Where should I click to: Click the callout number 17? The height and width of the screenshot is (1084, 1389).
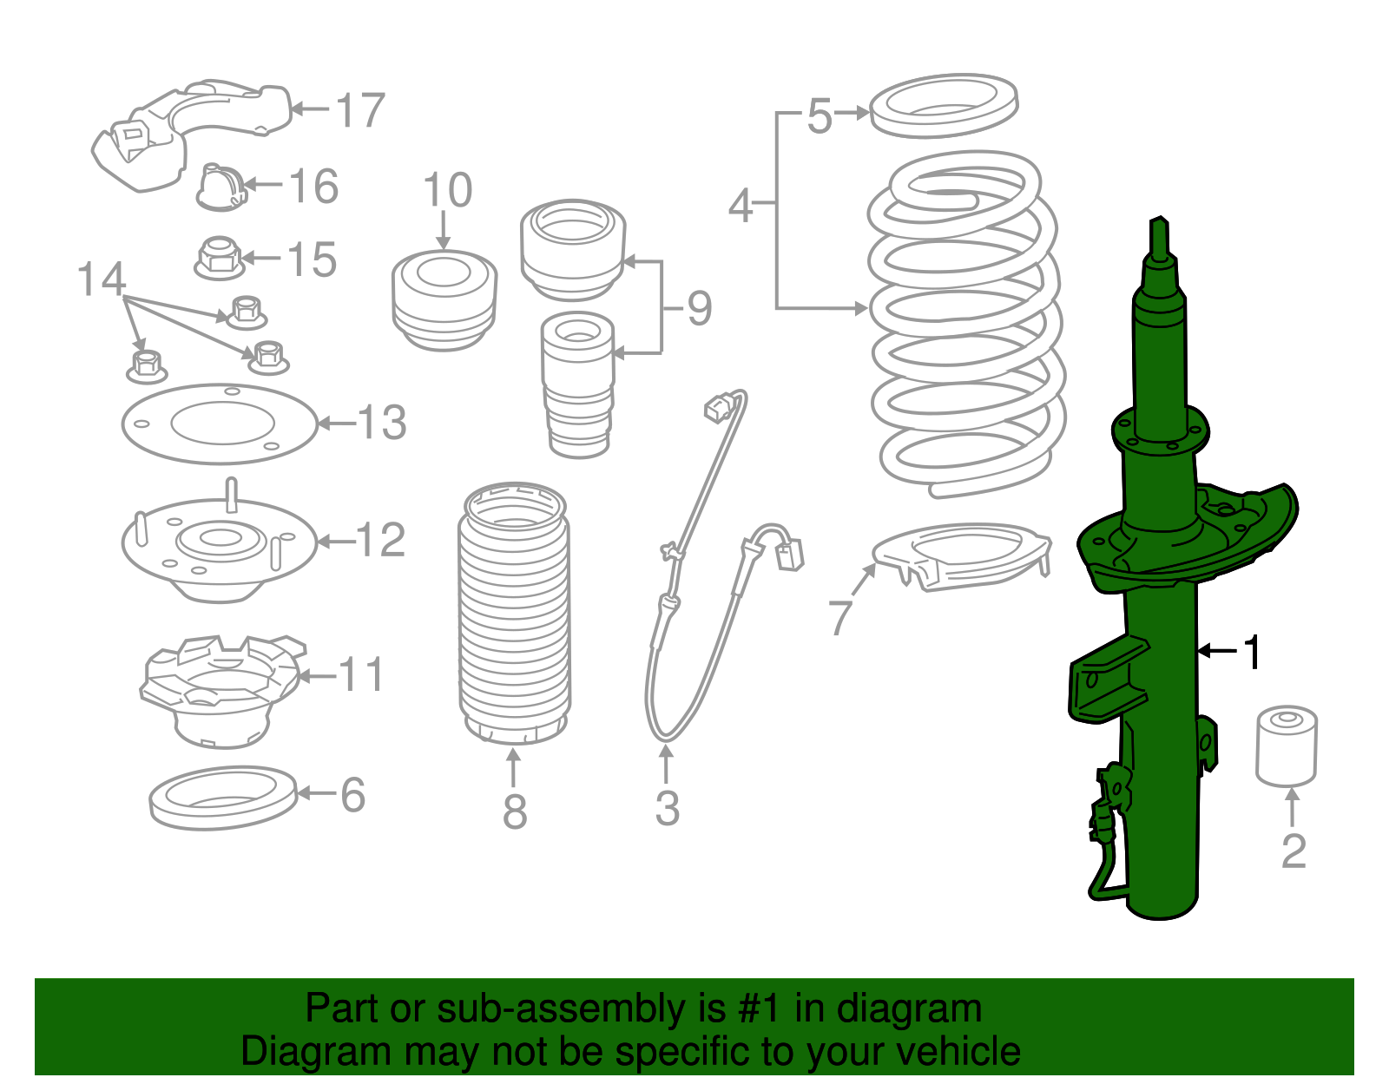(x=360, y=110)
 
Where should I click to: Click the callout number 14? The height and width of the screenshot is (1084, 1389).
(x=102, y=279)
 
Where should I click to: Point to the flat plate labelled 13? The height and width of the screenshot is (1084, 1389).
(x=220, y=424)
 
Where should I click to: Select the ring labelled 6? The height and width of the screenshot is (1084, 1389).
(x=223, y=797)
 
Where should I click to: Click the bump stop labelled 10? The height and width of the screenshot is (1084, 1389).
(x=444, y=299)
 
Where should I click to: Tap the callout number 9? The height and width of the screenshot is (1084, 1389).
(x=699, y=308)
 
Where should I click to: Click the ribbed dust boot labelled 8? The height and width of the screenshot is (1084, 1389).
(x=514, y=616)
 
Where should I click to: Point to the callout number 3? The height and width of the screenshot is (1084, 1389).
(x=667, y=808)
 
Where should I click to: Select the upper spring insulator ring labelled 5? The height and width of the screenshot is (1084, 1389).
(x=943, y=106)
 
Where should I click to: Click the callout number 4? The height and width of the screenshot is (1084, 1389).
(x=741, y=206)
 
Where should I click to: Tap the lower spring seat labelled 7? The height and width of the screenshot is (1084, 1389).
(x=962, y=555)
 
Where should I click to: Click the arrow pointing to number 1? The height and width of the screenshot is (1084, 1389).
(x=1216, y=650)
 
